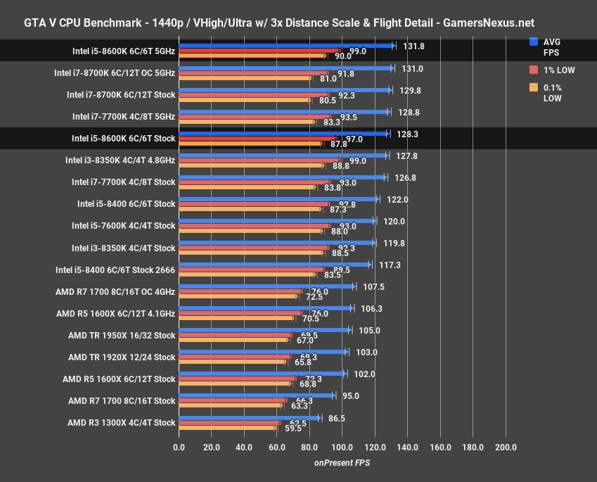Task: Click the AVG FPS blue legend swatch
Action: (534, 42)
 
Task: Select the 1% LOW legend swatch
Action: (534, 70)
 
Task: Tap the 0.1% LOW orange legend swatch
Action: (534, 87)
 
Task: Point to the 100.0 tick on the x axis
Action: (342, 448)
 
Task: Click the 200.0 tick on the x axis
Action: (506, 448)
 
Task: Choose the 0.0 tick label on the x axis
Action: (179, 448)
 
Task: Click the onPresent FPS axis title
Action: (342, 463)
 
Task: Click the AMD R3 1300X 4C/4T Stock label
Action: (121, 423)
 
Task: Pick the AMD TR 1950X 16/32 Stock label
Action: (122, 335)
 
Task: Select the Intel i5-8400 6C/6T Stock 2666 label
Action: (115, 269)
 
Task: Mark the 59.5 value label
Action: (293, 427)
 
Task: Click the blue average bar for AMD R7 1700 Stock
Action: (256, 395)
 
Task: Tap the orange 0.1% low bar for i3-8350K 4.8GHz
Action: (250, 166)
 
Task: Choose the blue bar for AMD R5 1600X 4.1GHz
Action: (265, 308)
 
